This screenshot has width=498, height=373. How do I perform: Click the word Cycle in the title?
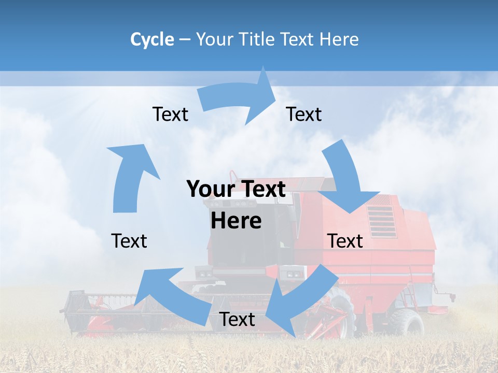pyautogui.click(x=152, y=39)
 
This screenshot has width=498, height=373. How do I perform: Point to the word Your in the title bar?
pyautogui.click(x=213, y=39)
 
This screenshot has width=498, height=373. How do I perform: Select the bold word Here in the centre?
pyautogui.click(x=236, y=221)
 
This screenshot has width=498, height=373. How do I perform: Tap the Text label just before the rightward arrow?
pyautogui.click(x=170, y=114)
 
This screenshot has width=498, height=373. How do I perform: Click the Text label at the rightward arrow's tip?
pyautogui.click(x=304, y=114)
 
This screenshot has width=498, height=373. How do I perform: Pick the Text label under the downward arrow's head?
pyautogui.click(x=345, y=241)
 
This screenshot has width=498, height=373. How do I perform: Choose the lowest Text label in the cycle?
pyautogui.click(x=237, y=320)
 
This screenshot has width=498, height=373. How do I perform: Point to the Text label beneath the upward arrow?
pyautogui.click(x=129, y=241)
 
